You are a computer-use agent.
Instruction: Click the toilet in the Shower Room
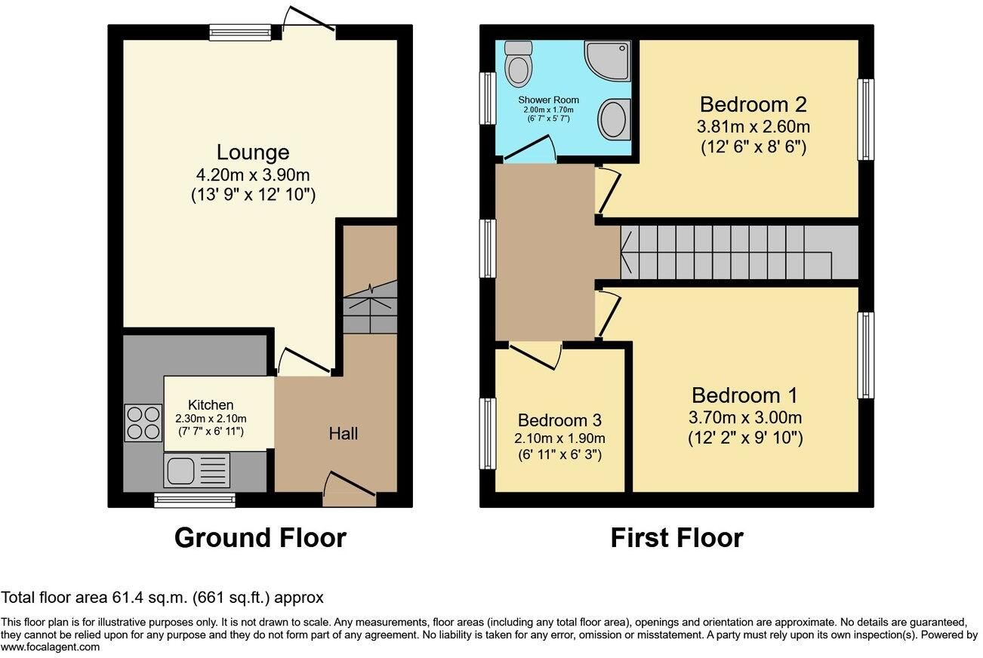pyautogui.click(x=518, y=64)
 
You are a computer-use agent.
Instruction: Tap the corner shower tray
pyautogui.click(x=609, y=61)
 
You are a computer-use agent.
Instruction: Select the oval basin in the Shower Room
pyautogui.click(x=615, y=119)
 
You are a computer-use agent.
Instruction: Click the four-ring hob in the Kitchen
pyautogui.click(x=143, y=423)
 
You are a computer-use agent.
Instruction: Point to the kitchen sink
pyautogui.click(x=196, y=471)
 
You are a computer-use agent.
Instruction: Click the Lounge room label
pyautogui.click(x=253, y=152)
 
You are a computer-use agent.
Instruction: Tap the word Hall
pyautogui.click(x=344, y=434)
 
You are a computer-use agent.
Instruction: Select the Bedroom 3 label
pyautogui.click(x=559, y=420)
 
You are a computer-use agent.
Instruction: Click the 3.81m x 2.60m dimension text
pyautogui.click(x=753, y=127)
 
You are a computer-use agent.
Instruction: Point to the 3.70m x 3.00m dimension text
pyautogui.click(x=745, y=417)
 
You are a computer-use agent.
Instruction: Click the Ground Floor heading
pyautogui.click(x=260, y=538)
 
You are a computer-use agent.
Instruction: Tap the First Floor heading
pyautogui.click(x=677, y=538)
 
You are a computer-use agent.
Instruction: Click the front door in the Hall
pyautogui.click(x=350, y=489)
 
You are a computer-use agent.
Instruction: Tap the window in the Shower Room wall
pyautogui.click(x=487, y=98)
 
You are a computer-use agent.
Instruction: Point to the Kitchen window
pyautogui.click(x=194, y=500)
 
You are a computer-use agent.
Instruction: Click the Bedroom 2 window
pyautogui.click(x=866, y=119)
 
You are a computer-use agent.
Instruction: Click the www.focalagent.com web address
pyautogui.click(x=50, y=647)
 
